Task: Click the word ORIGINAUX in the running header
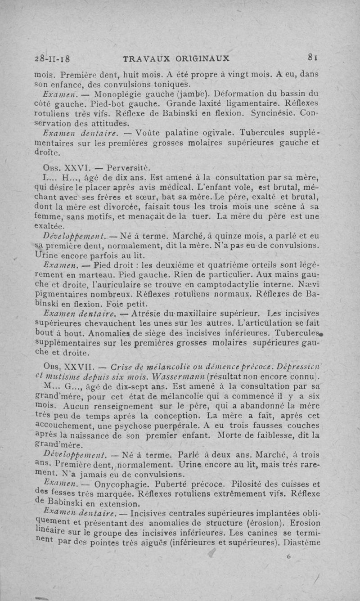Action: pyautogui.click(x=202, y=58)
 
